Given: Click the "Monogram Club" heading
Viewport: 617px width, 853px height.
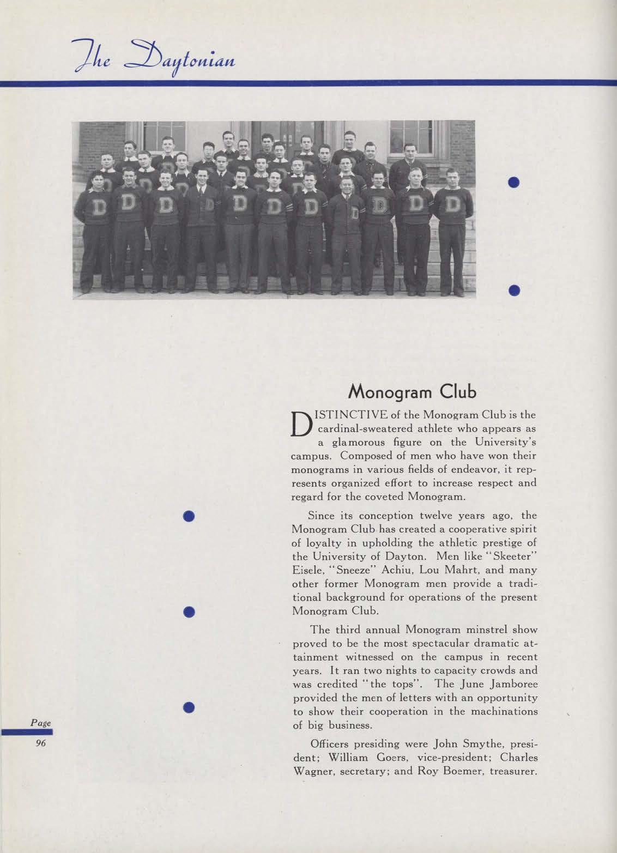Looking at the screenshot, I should pos(414,391).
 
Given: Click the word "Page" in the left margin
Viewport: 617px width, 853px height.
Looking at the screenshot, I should pos(40,723).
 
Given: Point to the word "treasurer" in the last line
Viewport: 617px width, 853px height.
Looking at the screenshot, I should pos(512,771).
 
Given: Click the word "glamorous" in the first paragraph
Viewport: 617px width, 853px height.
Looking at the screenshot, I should pos(361,442).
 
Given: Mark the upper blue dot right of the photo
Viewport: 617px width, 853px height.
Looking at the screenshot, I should pos(514,183).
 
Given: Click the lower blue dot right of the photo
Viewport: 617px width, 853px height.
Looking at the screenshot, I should pos(514,291).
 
